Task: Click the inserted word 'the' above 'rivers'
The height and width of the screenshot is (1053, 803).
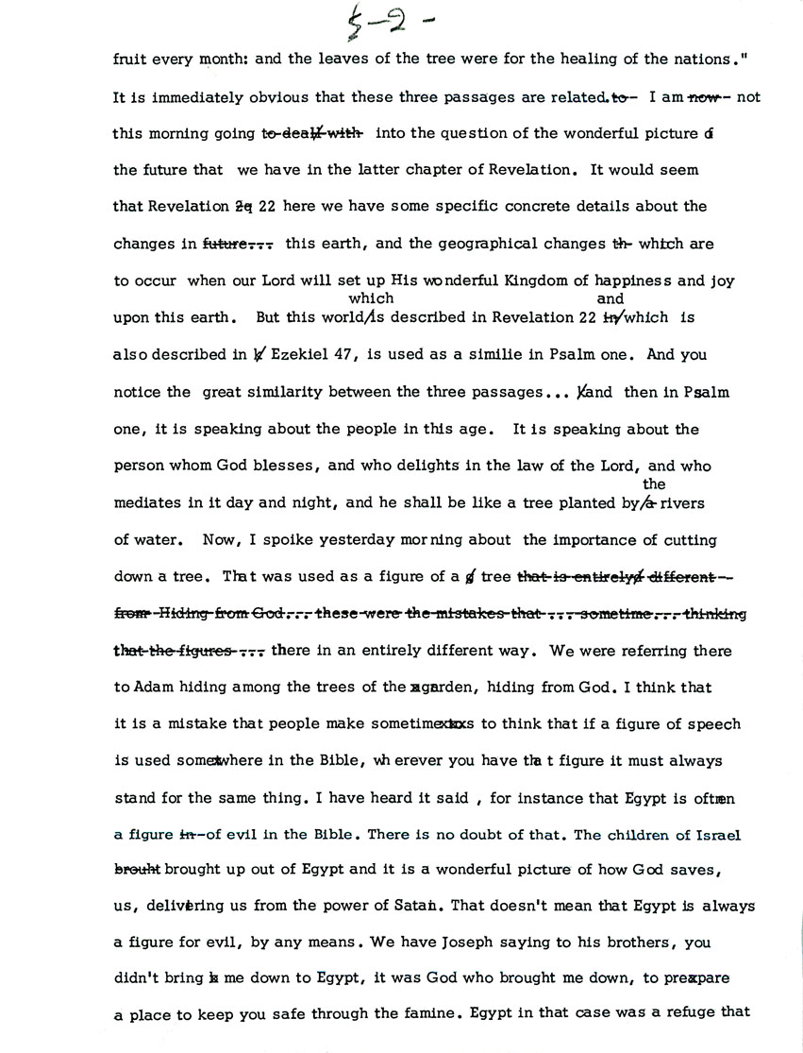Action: [653, 484]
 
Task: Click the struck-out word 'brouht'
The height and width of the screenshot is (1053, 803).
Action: [138, 870]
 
